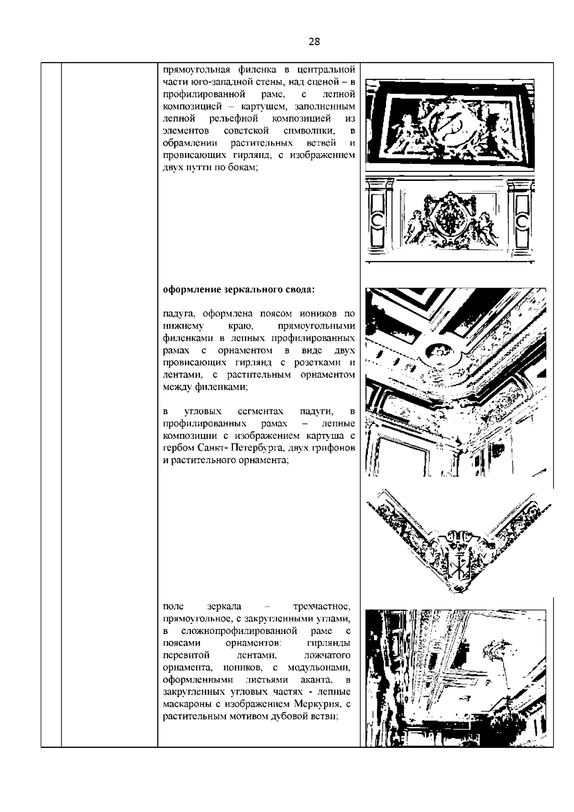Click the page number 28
pos(314,42)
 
